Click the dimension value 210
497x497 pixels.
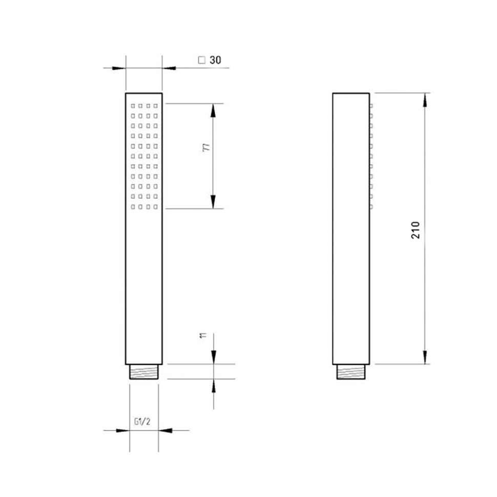[x=416, y=230]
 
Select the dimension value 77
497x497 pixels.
[x=206, y=148]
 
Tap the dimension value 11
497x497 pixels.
[x=203, y=336]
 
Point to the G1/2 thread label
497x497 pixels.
[x=142, y=422]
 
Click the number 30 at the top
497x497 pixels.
[x=215, y=60]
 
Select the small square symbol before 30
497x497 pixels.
[x=202, y=60]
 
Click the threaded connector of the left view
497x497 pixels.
[x=143, y=371]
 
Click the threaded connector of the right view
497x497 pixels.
[x=350, y=371]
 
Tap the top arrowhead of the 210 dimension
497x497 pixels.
[x=425, y=100]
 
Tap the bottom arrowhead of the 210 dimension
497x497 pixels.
[x=425, y=357]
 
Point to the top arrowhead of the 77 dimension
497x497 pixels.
[x=214, y=110]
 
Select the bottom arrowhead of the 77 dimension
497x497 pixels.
[x=214, y=202]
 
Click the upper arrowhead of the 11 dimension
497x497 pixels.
[x=214, y=357]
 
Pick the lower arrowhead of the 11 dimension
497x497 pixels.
[x=214, y=386]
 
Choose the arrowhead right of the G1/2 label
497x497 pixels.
[x=165, y=430]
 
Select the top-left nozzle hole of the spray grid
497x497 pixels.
[x=132, y=106]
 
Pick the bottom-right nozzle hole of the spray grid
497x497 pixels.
[x=155, y=207]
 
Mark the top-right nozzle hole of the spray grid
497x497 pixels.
[x=155, y=106]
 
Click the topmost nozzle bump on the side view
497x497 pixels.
[x=370, y=106]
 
